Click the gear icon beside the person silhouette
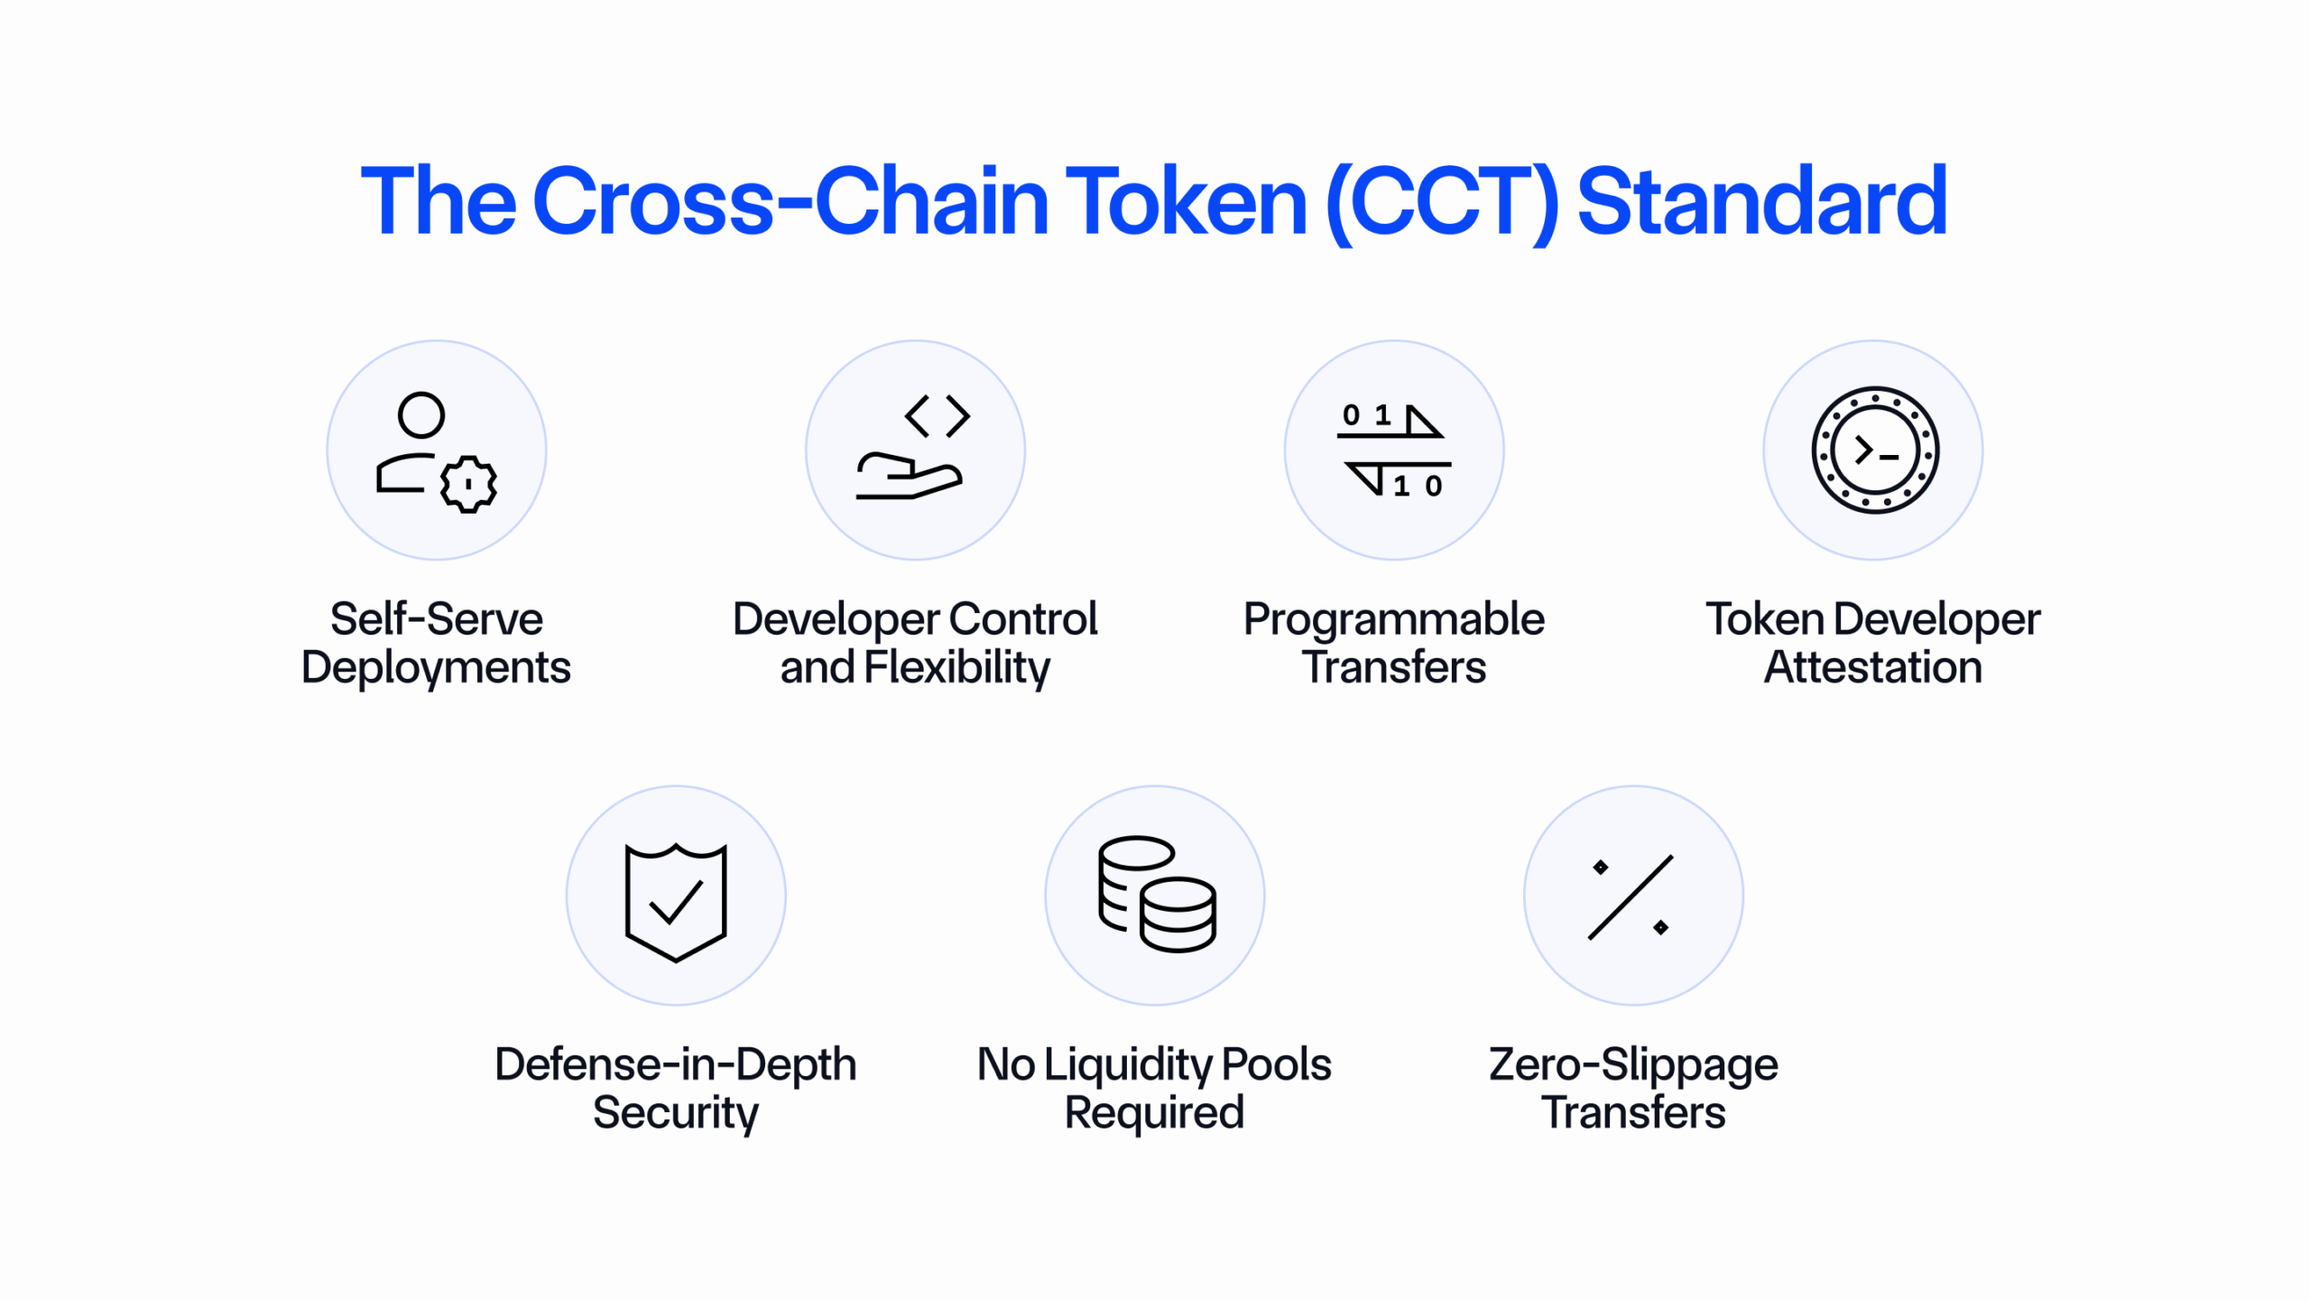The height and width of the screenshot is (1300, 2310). pos(468,485)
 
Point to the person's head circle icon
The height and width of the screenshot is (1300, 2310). pos(421,415)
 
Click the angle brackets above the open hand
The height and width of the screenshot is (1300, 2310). pos(938,416)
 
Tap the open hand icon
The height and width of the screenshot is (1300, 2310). pos(910,476)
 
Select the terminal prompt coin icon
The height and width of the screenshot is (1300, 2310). pos(1875,450)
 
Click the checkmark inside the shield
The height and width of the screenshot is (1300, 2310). pos(676,902)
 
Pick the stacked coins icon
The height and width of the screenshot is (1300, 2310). pos(1157,894)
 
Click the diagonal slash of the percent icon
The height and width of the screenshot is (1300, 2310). pos(1631,897)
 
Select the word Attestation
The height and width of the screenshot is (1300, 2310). pos(1873,668)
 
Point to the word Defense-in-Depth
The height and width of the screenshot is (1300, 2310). pos(676,1065)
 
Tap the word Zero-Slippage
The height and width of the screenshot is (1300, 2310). pos(1633,1065)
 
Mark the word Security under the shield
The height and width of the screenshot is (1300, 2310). pos(676,1114)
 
